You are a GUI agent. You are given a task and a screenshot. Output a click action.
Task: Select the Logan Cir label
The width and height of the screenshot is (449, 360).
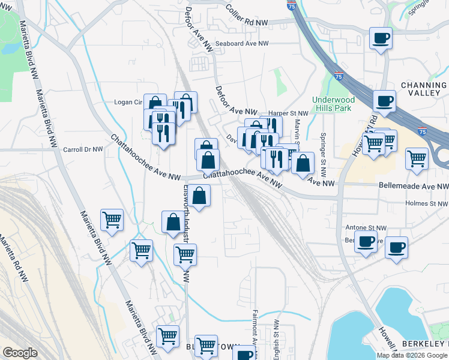tap(127, 102)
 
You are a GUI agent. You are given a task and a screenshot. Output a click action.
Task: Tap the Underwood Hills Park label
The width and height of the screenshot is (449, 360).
tap(333, 104)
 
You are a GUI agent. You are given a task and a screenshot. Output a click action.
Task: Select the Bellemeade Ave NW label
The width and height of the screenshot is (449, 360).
tap(414, 187)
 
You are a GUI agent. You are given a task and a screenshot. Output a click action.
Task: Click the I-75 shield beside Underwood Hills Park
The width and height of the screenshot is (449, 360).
tap(339, 77)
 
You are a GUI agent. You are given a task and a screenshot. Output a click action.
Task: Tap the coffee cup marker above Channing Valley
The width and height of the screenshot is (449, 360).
tap(384, 100)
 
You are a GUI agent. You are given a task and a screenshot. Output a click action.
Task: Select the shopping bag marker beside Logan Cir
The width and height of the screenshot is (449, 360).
tap(155, 104)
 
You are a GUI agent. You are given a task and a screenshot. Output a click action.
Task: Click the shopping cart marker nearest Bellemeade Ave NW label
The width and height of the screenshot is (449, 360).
tap(417, 158)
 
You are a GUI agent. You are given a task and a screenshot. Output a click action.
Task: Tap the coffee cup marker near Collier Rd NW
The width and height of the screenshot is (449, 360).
tap(381, 38)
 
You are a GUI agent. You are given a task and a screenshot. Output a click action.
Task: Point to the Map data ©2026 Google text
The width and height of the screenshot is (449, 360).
tap(411, 355)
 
